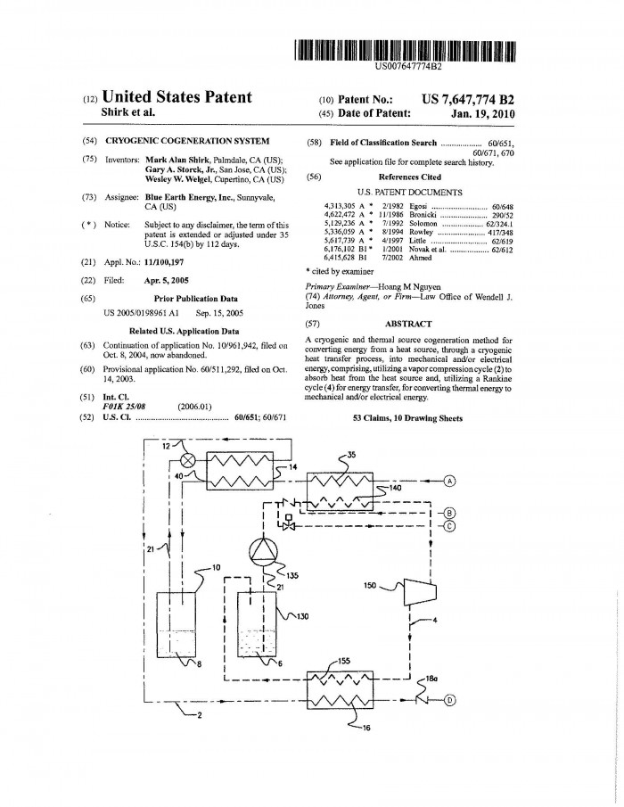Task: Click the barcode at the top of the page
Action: pos(405,51)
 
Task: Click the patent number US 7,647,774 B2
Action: pos(468,100)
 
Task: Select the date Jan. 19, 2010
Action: pos(482,114)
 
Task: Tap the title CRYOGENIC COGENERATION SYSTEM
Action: pos(187,141)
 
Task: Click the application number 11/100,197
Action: pos(164,262)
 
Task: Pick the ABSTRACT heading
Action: pos(408,324)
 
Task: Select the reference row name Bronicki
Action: pos(423,215)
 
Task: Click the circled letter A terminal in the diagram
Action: pos(450,482)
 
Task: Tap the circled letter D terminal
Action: pos(449,700)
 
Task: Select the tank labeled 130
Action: pos(257,625)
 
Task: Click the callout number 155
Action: pos(344,662)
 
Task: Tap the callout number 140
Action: pos(394,488)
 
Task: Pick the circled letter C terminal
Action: pos(448,526)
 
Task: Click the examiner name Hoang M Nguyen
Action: pos(409,287)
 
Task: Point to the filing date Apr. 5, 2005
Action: pos(166,281)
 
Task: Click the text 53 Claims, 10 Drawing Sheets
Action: pos(407,418)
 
